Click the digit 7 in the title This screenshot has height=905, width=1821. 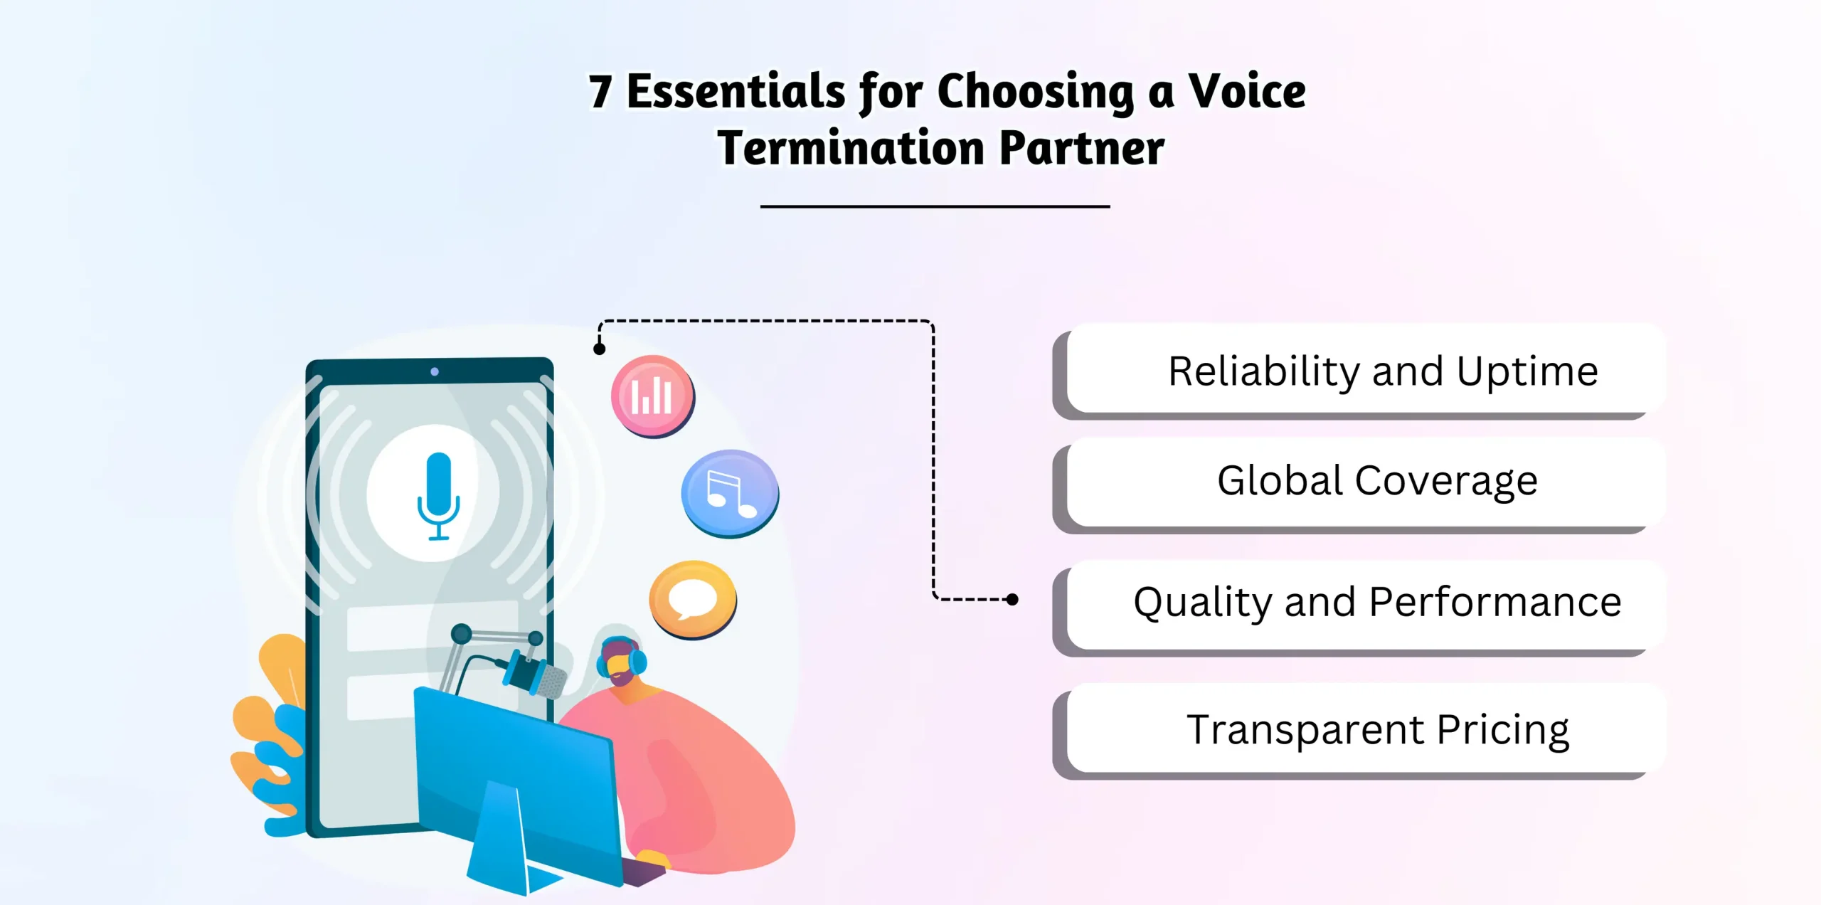600,92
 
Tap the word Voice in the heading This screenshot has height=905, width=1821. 1247,92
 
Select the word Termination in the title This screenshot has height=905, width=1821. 851,148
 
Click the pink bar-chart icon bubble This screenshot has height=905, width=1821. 652,396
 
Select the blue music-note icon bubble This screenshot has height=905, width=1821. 729,492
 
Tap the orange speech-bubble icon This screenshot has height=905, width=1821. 692,599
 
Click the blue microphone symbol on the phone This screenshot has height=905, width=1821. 438,494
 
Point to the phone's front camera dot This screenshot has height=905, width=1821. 435,371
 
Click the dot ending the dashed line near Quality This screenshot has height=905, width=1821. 1012,600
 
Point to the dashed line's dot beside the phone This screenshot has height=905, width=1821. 600,349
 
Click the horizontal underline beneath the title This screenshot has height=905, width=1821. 935,206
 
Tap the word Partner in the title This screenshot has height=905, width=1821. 1081,148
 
